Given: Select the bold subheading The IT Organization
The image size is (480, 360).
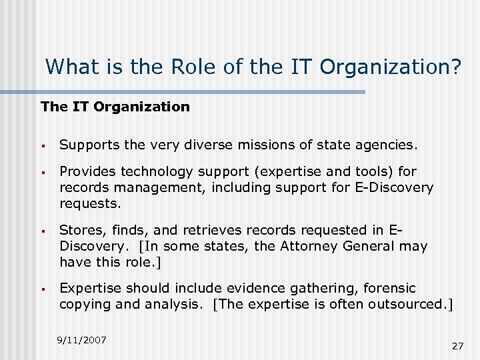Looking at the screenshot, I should [115, 107].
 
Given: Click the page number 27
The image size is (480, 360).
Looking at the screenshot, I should [457, 346].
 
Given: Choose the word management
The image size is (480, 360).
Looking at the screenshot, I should [153, 188].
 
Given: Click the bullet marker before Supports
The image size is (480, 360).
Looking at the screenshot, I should [42, 145].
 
